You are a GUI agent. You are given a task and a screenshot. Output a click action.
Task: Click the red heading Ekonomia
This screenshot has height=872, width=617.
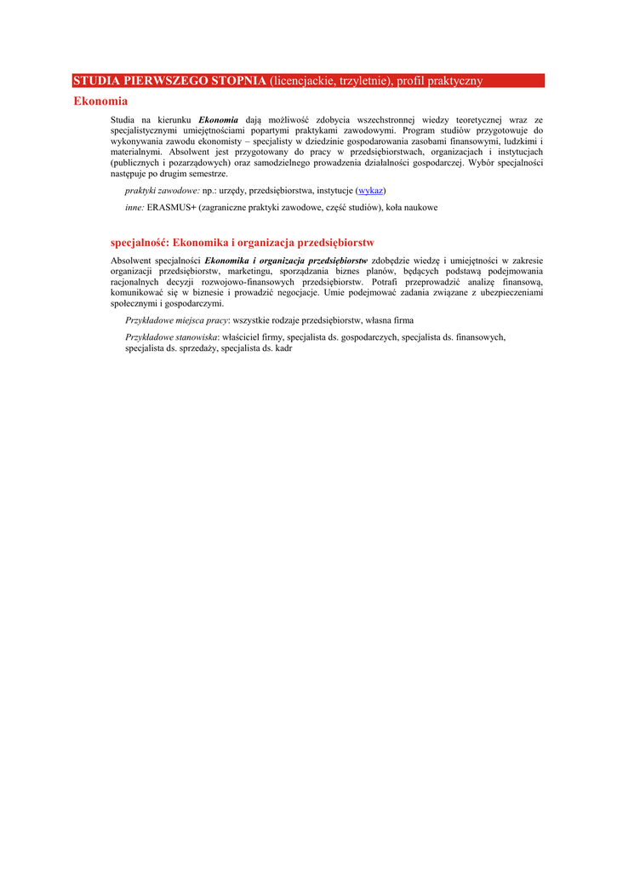tap(100, 101)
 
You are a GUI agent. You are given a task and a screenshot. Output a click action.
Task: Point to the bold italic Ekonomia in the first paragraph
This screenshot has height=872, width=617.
tap(219, 121)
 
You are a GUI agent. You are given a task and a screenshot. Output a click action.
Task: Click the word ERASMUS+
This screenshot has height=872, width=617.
tap(171, 207)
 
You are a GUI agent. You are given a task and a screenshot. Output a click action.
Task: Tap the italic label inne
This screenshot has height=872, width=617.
tap(134, 207)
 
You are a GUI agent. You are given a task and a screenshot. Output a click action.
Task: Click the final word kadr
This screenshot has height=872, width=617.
tap(284, 348)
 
